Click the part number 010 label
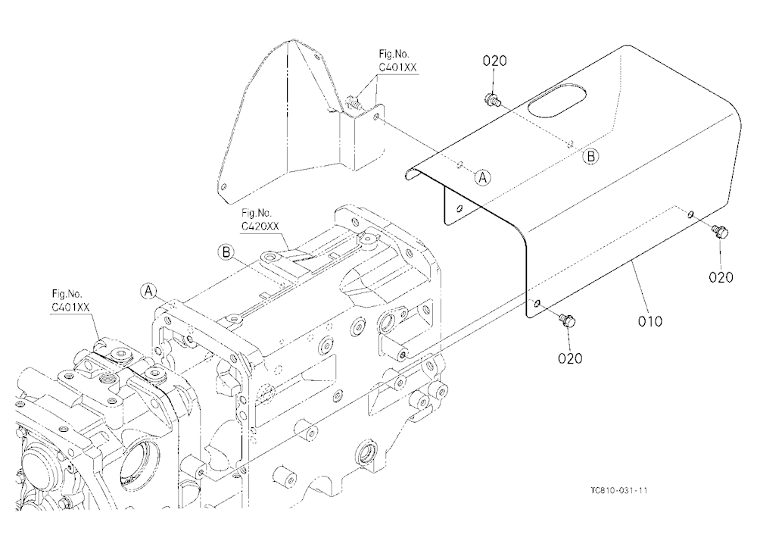(x=650, y=321)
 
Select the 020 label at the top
(x=495, y=61)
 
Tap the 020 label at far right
(x=721, y=277)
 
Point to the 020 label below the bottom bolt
(x=570, y=358)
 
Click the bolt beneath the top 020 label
(x=491, y=99)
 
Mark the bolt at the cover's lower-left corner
(x=567, y=320)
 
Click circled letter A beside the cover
(x=482, y=177)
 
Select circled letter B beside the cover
(x=590, y=156)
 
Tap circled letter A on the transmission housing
(x=148, y=291)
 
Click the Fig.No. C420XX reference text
(x=260, y=220)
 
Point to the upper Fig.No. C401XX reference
(x=397, y=61)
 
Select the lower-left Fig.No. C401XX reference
(x=70, y=300)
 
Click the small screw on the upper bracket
(x=354, y=102)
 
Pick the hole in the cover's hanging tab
(x=459, y=208)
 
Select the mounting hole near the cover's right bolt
(x=691, y=214)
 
